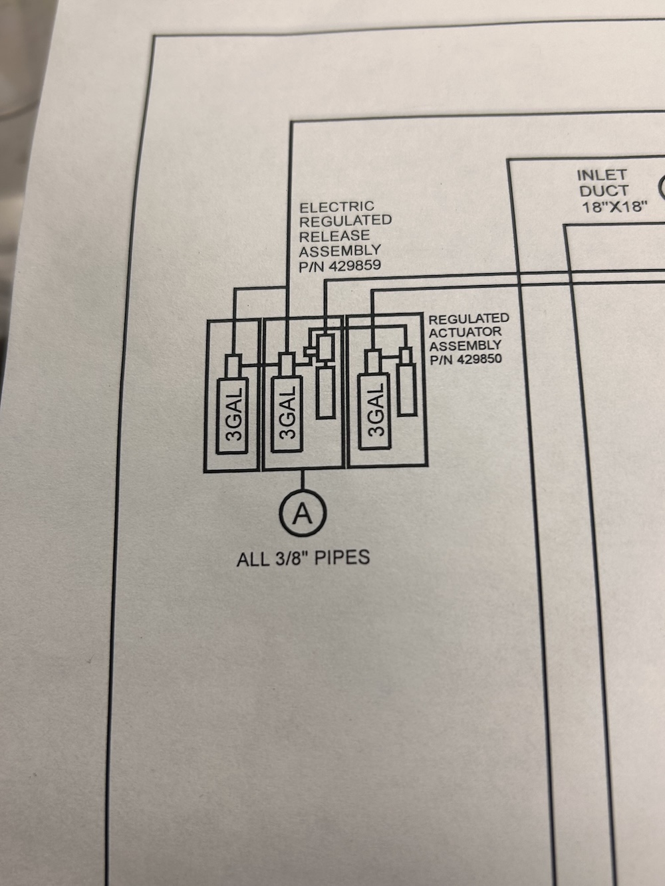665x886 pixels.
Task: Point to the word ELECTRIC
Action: point(336,207)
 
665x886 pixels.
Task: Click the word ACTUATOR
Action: point(465,332)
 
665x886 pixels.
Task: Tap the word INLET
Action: point(601,175)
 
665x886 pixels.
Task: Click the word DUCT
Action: point(604,191)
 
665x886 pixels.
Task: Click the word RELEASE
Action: point(334,236)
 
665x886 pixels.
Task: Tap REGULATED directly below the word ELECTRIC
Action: point(346,221)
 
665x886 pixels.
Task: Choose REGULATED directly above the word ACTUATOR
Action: point(469,319)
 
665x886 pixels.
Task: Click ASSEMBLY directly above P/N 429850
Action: point(465,346)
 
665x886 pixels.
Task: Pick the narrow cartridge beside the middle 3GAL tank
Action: point(325,392)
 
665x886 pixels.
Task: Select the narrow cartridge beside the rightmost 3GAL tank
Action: point(407,389)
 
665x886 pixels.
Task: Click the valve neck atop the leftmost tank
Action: point(233,366)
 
